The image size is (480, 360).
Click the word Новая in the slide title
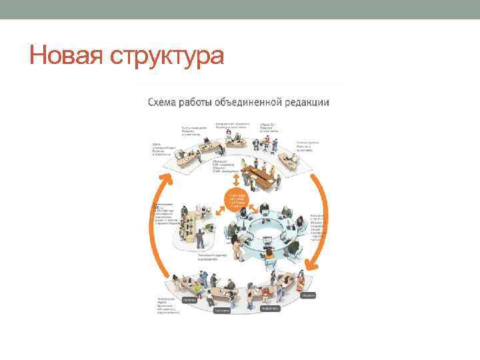[63, 55]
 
